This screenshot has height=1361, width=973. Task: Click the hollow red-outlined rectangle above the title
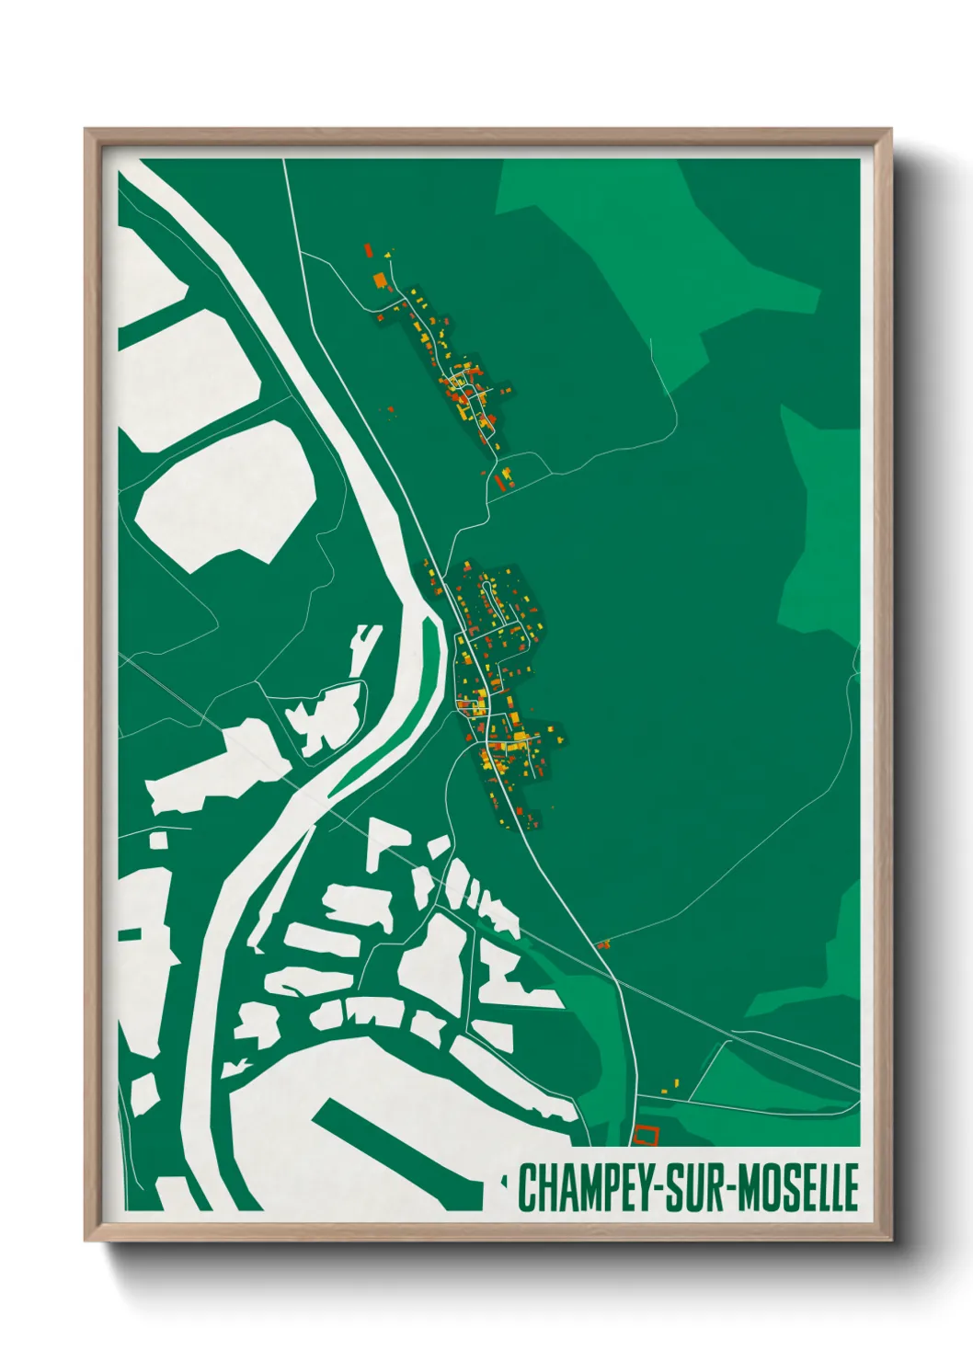pyautogui.click(x=647, y=1135)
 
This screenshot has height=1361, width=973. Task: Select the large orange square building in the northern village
pyautogui.click(x=378, y=280)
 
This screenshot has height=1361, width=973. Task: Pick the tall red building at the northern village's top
pyautogui.click(x=369, y=250)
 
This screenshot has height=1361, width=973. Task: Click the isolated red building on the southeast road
pyautogui.click(x=603, y=944)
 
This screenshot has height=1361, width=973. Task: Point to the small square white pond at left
pyautogui.click(x=159, y=840)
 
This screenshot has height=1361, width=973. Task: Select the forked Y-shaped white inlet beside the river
pyautogui.click(x=363, y=644)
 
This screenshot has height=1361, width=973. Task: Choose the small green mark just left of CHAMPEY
pyautogui.click(x=504, y=1177)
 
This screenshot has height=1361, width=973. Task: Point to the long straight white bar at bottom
pyautogui.click(x=395, y=1149)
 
